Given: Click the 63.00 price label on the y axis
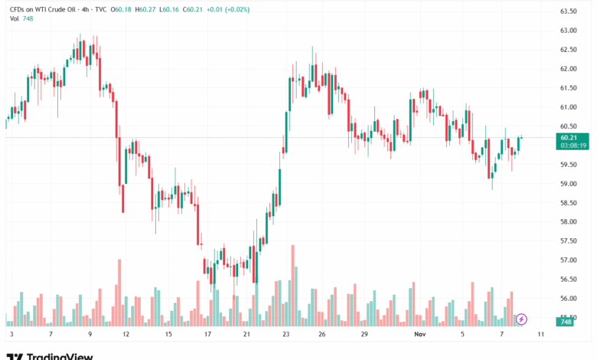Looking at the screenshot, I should [567, 31].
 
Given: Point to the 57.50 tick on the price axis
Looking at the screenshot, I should [567, 241].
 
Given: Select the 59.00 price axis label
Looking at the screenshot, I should [567, 184].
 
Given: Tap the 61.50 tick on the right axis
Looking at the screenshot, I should [567, 88].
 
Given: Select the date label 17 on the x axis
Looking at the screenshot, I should [208, 335].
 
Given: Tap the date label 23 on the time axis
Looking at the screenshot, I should [285, 335].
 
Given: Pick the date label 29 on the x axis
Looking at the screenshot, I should [365, 335].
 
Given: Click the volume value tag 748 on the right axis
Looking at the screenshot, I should [567, 322].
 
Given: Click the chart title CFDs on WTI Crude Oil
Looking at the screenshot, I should [43, 8].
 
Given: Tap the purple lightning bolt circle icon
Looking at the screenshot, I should [522, 319].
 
